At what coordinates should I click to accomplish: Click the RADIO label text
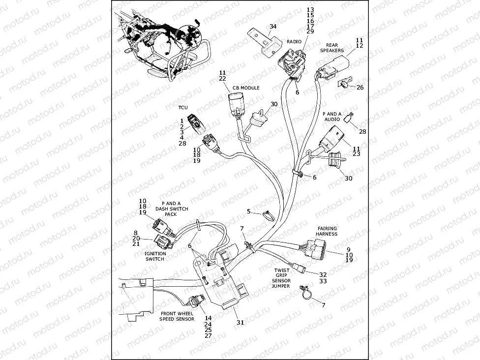point(294,42)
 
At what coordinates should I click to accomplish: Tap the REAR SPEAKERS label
point(332,47)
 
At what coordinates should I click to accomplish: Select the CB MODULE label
point(246,88)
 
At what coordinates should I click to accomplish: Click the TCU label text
point(182,107)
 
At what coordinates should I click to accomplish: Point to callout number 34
point(273,26)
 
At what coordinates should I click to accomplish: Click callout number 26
point(360,88)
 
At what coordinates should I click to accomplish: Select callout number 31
point(240,323)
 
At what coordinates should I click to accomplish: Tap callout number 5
point(249,211)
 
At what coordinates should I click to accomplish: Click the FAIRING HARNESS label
point(327,231)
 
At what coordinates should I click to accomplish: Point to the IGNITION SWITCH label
point(155,256)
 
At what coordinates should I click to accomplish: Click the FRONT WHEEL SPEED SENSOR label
point(177,316)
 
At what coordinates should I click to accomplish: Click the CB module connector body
point(235,105)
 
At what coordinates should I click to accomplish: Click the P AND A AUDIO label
point(333,116)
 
